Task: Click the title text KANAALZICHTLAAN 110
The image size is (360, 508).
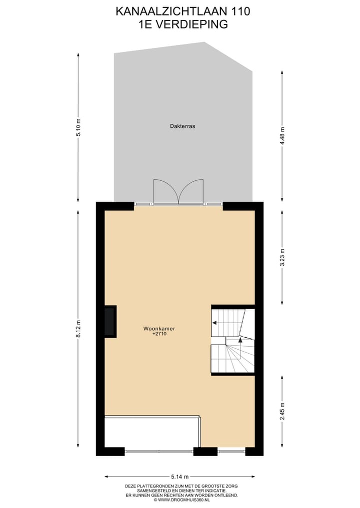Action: coord(182,11)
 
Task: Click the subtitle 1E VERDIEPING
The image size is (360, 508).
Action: coord(182,23)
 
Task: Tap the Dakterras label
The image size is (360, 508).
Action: coord(182,126)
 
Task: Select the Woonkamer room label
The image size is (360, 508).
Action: coord(159,329)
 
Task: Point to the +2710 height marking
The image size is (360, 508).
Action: coord(159,335)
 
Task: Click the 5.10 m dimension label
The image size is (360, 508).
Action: coord(78,127)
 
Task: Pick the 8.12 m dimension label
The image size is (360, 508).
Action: coord(78,329)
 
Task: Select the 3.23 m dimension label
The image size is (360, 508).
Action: coord(282,258)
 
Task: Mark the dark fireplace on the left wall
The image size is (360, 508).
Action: coord(109,322)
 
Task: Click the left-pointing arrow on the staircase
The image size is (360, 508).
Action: coord(214,323)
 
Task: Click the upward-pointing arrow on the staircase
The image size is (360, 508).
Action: coord(240,340)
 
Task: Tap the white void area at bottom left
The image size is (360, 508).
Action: coord(151,433)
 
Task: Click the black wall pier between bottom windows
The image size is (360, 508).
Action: coord(205,452)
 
